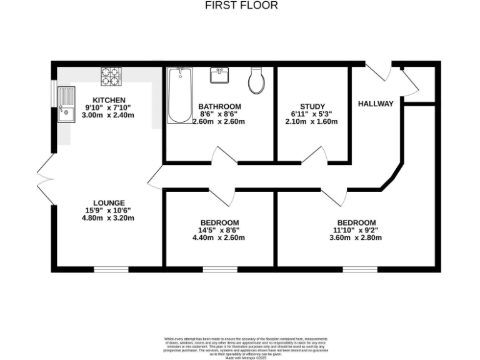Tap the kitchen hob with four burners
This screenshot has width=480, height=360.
pos(110,76)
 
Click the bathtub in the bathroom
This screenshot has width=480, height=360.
pos(179,96)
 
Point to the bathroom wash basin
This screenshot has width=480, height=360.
pos(219,76)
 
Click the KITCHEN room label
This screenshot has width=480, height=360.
pos(109,100)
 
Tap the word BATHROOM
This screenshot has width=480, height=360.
pos(219,106)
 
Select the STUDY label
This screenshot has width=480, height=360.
pos(312,106)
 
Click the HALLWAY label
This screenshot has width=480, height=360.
pos(376,104)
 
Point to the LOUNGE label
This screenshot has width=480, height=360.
pos(109,202)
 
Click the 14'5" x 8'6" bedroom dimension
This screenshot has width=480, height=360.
pos(219,230)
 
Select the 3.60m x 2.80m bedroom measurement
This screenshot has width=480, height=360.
pos(356,237)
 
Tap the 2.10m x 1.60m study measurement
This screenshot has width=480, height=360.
pos(312,121)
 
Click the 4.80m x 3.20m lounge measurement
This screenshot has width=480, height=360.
pos(109,218)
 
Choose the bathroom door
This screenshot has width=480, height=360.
pos(221,156)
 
